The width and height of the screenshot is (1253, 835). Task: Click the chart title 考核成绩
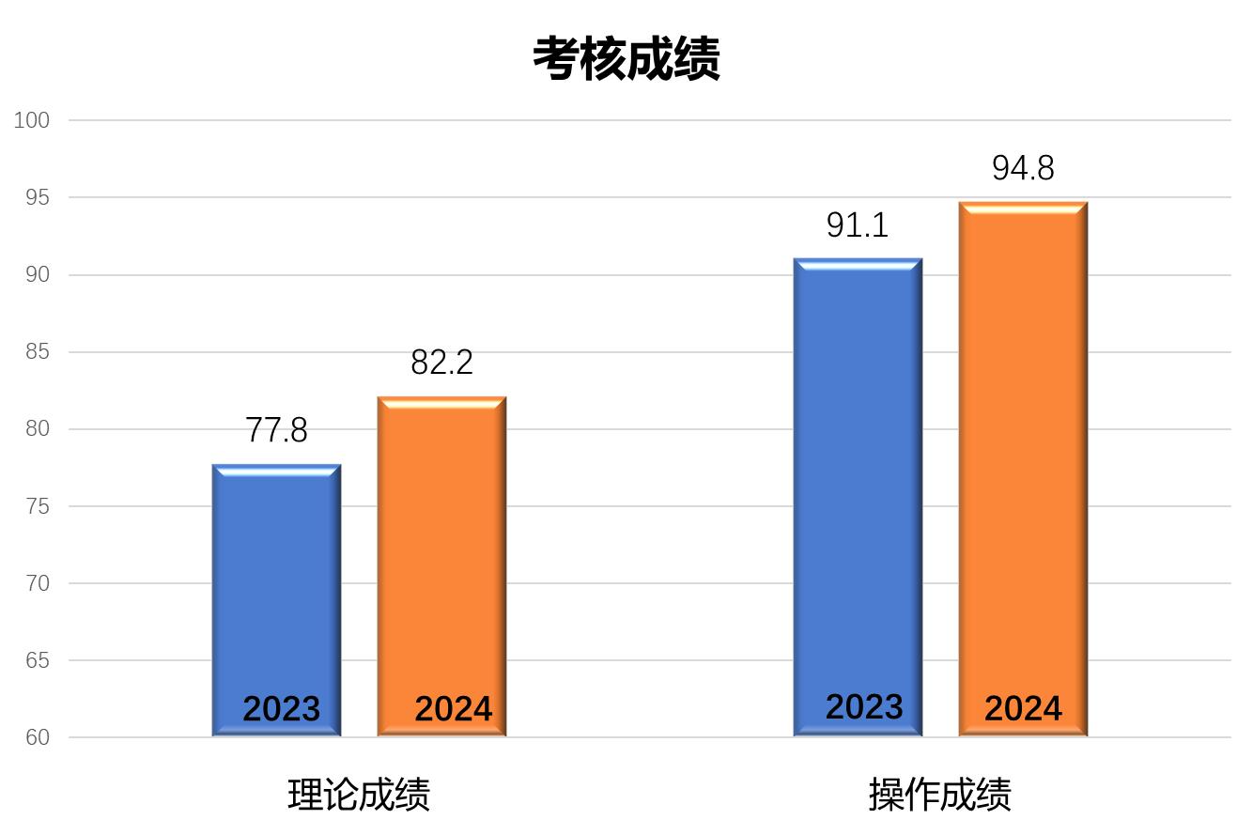pyautogui.click(x=626, y=58)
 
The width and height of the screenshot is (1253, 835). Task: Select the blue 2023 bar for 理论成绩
pyautogui.click(x=276, y=582)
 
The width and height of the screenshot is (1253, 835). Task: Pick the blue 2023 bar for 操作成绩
pyautogui.click(x=858, y=470)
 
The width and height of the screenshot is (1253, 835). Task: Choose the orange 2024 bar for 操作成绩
pyautogui.click(x=1023, y=451)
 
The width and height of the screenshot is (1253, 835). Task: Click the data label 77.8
pyautogui.click(x=276, y=430)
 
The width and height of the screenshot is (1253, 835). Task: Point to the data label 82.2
pyautogui.click(x=441, y=363)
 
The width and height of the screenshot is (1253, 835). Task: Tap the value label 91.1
pyautogui.click(x=858, y=225)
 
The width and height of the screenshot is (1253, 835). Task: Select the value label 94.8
pyautogui.click(x=1023, y=168)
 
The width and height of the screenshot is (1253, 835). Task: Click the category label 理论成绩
pyautogui.click(x=359, y=795)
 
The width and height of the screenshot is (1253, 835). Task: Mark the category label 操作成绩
pyautogui.click(x=940, y=795)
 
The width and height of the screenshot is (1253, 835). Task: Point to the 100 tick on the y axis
pyautogui.click(x=32, y=120)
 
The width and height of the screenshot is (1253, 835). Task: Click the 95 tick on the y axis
pyautogui.click(x=36, y=197)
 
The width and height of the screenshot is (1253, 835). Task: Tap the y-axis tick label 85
pyautogui.click(x=36, y=352)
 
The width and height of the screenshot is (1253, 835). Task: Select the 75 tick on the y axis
pyautogui.click(x=36, y=506)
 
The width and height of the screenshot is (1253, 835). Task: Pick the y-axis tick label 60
pyautogui.click(x=36, y=737)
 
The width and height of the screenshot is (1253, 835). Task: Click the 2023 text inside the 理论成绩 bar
pyautogui.click(x=281, y=709)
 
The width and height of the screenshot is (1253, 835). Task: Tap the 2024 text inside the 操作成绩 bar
pyautogui.click(x=1023, y=709)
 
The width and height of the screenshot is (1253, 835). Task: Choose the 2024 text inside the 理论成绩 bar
pyautogui.click(x=453, y=709)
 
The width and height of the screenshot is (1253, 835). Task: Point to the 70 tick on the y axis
pyautogui.click(x=36, y=583)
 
